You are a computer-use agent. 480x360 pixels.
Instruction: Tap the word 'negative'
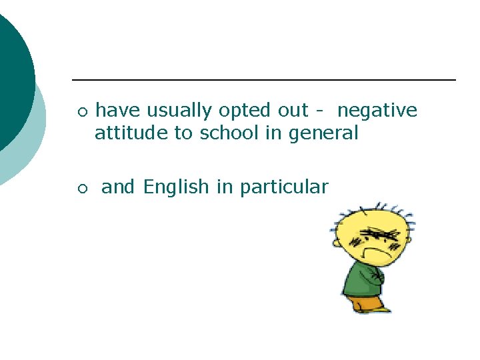point(377,111)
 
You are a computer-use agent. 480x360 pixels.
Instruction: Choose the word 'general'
point(323,133)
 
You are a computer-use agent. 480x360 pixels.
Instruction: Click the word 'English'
point(176,187)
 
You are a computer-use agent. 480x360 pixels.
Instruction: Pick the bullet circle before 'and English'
point(81,189)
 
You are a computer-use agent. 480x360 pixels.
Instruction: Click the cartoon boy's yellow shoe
point(381,309)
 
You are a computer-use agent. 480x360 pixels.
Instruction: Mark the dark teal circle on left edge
point(10,80)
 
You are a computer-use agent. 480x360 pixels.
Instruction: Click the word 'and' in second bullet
point(118,187)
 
